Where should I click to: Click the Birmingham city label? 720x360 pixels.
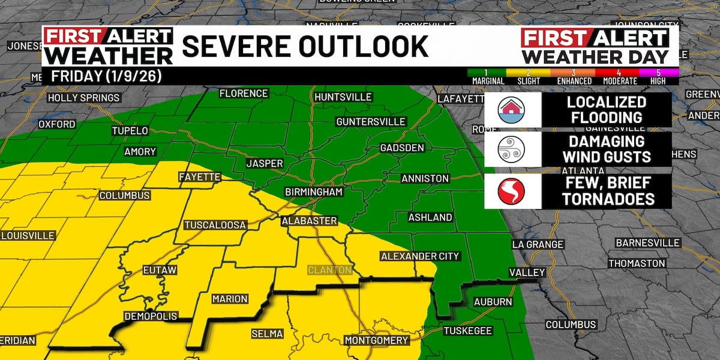(x=314, y=192)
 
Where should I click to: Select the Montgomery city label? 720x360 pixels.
(x=377, y=341)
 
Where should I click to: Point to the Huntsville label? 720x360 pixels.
(x=343, y=97)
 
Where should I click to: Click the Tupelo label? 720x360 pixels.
(x=130, y=131)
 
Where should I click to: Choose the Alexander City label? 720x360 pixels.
(x=420, y=256)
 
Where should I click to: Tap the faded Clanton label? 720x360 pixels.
(x=329, y=270)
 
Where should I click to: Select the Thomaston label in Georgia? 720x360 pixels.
(x=637, y=263)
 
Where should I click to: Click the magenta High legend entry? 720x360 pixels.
(x=658, y=77)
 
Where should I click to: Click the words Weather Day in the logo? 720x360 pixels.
(x=595, y=57)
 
